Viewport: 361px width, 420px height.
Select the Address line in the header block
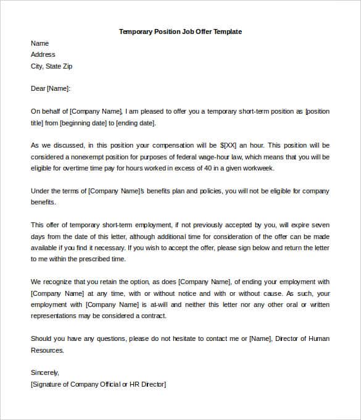[43, 55]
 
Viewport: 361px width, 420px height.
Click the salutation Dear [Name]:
[51, 89]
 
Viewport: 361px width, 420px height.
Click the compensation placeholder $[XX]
[228, 146]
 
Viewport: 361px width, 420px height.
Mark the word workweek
[257, 168]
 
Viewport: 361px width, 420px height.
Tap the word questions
[93, 338]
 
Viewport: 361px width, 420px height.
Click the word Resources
[47, 350]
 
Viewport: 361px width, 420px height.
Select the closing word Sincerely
[45, 372]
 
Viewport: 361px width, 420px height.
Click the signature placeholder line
[98, 384]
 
